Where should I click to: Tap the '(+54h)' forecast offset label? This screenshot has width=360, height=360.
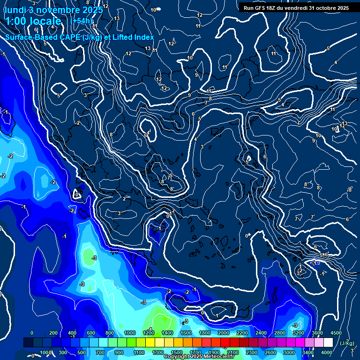82,21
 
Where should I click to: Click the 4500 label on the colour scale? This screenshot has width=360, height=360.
336,333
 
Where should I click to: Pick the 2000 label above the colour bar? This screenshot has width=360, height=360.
224,333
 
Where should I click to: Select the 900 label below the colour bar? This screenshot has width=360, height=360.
119,352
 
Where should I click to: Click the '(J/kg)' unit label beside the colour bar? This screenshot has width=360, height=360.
347,343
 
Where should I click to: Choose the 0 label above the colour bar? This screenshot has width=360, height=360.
32,333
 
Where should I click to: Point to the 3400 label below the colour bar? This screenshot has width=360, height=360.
308,352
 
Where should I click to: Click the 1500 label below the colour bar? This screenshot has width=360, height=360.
177,352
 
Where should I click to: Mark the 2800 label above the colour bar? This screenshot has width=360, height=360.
280,333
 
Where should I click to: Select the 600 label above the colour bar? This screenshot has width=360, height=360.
91,333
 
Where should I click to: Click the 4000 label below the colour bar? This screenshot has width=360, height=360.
327,352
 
